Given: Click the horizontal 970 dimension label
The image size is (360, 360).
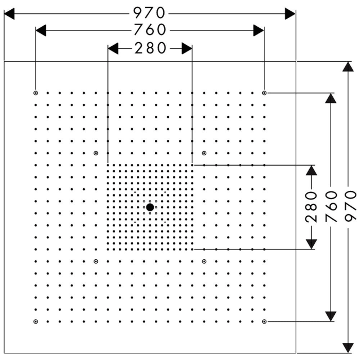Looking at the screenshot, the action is click(149, 13).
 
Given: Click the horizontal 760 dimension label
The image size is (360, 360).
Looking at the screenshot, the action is click(150, 30).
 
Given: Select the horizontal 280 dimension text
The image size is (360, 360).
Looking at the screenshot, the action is click(150, 48).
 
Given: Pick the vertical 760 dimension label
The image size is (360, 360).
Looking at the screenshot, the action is click(331, 207).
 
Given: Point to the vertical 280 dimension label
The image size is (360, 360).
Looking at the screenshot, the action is click(311, 207).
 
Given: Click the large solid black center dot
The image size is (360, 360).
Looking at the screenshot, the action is click(150, 207).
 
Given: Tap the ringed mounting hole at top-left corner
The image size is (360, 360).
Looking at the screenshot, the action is click(35, 93).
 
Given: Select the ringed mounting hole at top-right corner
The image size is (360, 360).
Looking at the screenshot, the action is click(264, 93).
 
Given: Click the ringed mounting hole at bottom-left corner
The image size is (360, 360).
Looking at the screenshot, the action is click(35, 321).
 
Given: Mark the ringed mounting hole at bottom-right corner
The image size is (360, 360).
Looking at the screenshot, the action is click(264, 321).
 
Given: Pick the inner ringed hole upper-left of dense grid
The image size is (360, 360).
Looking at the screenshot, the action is click(96, 153).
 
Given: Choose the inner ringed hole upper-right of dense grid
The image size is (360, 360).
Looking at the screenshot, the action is click(204, 153).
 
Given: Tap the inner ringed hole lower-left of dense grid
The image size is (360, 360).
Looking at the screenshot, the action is click(96, 261).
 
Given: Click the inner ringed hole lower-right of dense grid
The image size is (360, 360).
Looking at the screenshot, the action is click(204, 261).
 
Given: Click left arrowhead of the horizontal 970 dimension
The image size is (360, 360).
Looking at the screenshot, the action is click(9, 14).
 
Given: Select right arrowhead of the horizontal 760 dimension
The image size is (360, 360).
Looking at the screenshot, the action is click(259, 30).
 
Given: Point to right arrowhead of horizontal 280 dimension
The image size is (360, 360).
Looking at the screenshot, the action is click(187, 48).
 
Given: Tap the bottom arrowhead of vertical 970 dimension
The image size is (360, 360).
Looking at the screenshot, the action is click(348, 348).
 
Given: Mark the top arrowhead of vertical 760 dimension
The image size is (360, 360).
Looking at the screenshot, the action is click(331, 98).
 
